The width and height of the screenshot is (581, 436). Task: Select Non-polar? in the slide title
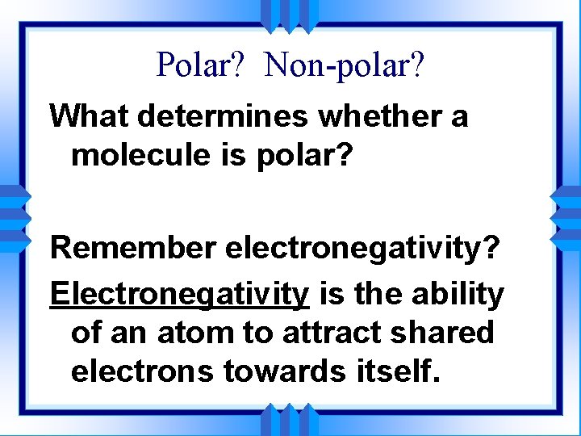point(343,64)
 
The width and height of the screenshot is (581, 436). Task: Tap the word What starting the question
point(90,116)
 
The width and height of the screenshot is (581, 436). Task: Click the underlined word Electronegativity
point(179,295)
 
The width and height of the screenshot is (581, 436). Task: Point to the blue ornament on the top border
point(290,14)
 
